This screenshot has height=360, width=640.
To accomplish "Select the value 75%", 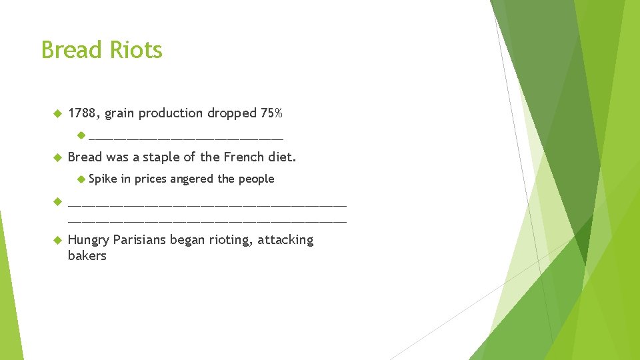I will [271, 113].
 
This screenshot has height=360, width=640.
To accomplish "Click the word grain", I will [119, 114].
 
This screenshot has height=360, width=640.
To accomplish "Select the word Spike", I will [102, 179].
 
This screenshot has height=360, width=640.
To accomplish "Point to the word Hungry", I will [89, 241].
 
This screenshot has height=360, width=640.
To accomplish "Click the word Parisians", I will [139, 240].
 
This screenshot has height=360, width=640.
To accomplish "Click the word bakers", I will [87, 256].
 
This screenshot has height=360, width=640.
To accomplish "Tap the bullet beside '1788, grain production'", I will [57, 113].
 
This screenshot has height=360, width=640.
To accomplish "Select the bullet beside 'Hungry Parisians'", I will [57, 240].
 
